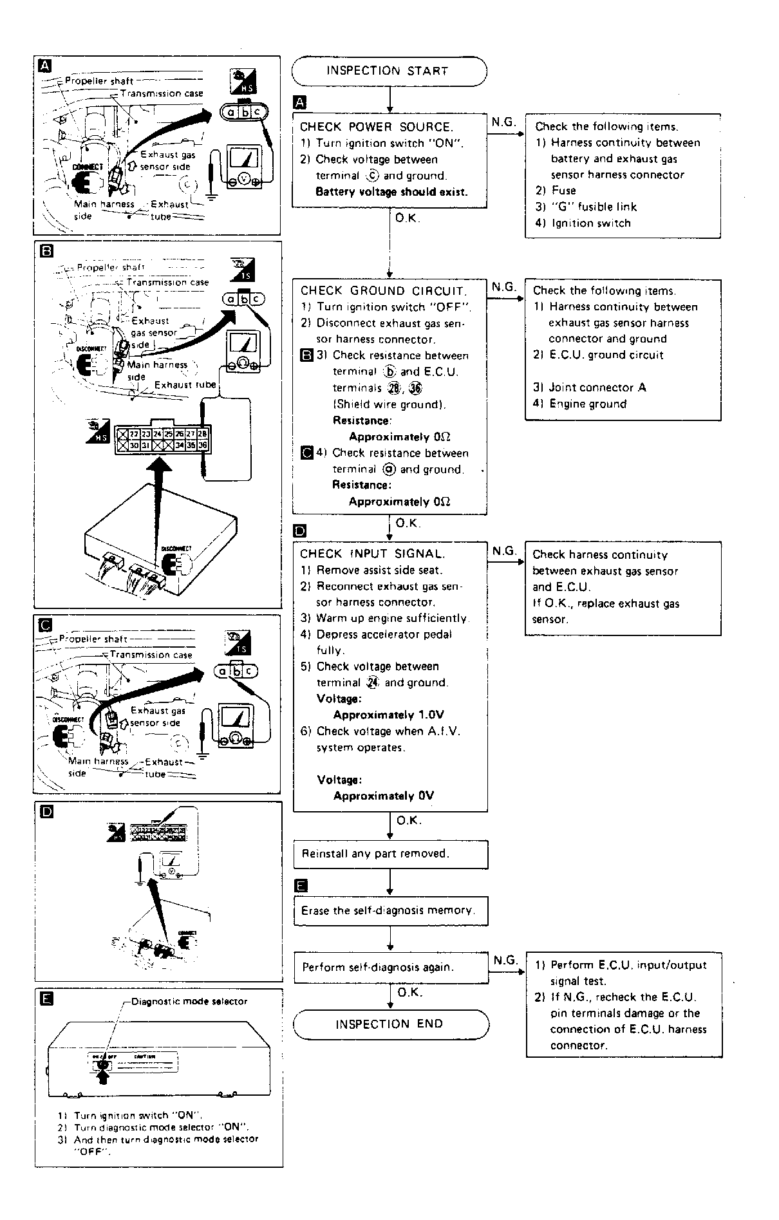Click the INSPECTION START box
tap(389, 71)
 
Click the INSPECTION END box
tap(390, 1024)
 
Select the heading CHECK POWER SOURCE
tap(377, 127)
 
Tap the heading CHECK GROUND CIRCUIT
tap(384, 290)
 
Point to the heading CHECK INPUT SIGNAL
tap(372, 554)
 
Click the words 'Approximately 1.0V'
tap(388, 715)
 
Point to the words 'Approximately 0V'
tap(384, 796)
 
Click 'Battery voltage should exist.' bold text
tap(391, 192)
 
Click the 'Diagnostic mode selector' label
tap(189, 1002)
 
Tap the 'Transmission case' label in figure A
tap(162, 93)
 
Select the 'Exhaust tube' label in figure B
tap(185, 385)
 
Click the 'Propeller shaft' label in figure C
tap(93, 639)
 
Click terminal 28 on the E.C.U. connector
tap(203, 434)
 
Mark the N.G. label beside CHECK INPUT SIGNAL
tap(505, 551)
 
